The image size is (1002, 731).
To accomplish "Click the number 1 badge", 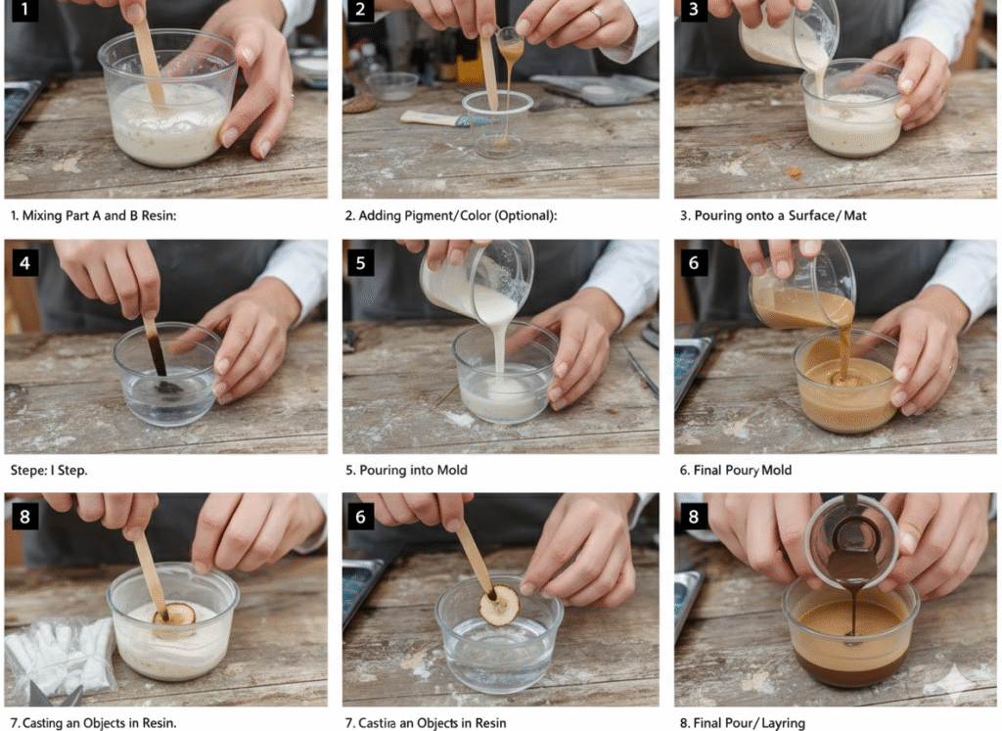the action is click(24, 9).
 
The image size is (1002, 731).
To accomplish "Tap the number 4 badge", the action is click(24, 262).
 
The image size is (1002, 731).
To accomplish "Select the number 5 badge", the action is click(360, 262).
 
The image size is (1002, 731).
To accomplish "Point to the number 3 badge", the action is click(694, 9).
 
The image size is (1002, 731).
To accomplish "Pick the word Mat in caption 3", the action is click(855, 215).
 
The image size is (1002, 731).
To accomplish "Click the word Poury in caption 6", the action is click(742, 471).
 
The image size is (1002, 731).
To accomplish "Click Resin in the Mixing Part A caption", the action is click(159, 215).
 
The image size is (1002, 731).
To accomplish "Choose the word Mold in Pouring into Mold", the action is click(452, 471).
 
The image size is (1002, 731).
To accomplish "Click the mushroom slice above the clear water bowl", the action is click(499, 605).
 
